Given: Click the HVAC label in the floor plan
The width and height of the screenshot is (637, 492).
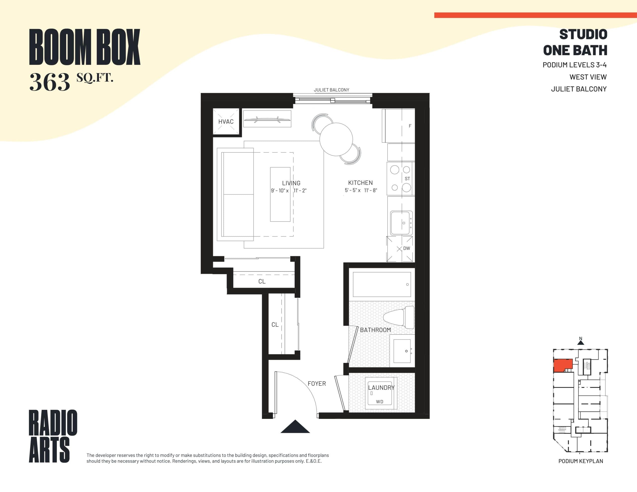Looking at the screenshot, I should (226, 122).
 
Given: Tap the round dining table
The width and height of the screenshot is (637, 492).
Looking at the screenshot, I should (336, 139).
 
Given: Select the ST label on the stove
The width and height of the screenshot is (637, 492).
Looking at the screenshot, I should (407, 179).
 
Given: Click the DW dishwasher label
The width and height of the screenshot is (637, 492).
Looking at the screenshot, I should (406, 248).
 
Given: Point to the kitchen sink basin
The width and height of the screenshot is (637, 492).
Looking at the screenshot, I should (401, 223).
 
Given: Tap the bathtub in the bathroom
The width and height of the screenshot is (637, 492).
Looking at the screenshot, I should (381, 284).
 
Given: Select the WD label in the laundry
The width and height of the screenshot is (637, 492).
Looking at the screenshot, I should (379, 402).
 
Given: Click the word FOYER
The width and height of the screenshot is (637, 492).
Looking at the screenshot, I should (317, 384).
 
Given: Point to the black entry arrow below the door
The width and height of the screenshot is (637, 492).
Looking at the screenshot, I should (295, 427).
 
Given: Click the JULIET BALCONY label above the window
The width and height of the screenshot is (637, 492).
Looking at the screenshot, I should (331, 90).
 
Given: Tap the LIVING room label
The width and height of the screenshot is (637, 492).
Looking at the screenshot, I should (291, 183).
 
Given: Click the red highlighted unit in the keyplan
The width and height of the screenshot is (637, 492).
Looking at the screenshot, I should (562, 365).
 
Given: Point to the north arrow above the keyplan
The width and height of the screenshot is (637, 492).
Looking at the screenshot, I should (581, 342).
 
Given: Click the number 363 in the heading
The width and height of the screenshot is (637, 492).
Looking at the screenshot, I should (50, 82).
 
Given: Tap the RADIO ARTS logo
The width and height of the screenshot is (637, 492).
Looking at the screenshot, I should (53, 436).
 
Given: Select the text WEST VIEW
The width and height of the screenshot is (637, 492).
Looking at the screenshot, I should (588, 77).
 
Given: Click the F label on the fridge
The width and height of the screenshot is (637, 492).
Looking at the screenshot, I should (410, 126).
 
